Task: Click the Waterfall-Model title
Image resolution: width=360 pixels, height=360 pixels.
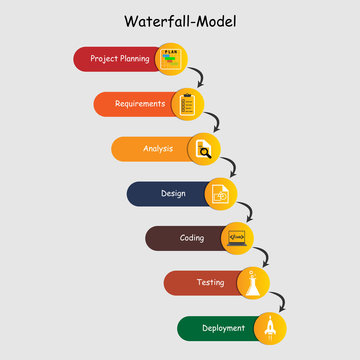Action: (180, 21)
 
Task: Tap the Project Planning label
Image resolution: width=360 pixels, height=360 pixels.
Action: (120, 59)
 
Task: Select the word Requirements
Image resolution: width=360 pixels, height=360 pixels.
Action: (140, 103)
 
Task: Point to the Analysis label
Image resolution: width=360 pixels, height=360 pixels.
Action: (157, 148)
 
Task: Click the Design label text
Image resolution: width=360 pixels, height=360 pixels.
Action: (173, 193)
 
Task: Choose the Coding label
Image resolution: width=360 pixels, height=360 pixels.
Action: (192, 238)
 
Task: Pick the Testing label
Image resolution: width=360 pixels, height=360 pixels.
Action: (210, 283)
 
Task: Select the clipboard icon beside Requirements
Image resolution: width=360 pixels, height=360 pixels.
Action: (187, 104)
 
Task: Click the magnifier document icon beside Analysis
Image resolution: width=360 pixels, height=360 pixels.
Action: (204, 149)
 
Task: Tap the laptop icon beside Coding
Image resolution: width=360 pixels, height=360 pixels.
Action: (237, 238)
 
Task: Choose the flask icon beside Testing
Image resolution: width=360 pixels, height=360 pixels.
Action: (255, 283)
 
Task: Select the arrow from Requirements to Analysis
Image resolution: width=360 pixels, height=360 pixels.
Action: (215, 121)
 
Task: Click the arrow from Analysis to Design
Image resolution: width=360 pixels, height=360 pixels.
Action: (232, 166)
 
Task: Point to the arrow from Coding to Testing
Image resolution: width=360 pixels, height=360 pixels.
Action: (266, 255)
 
